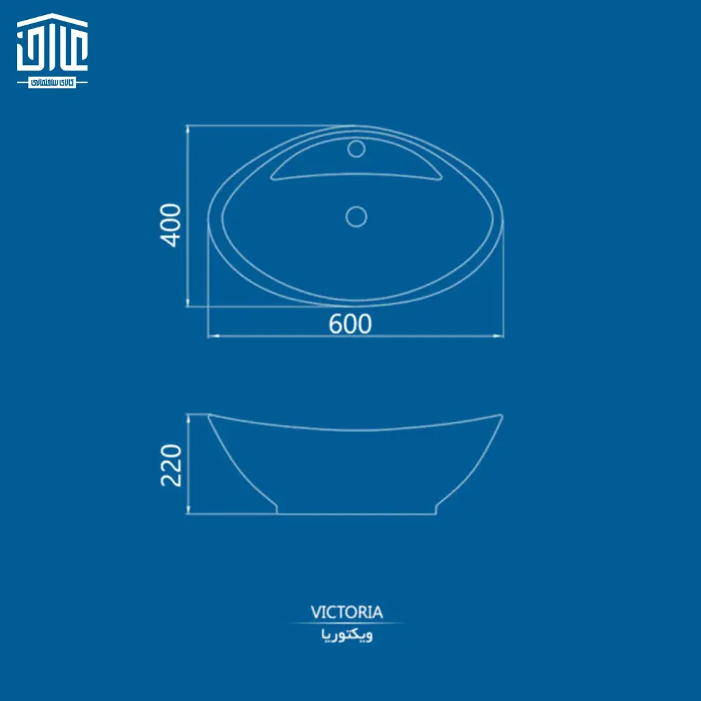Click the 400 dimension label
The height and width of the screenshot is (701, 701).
coord(170,225)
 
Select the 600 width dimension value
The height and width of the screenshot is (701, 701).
coord(350,324)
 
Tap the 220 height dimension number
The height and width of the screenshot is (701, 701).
coord(171,465)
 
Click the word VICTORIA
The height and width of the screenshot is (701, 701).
coord(347,611)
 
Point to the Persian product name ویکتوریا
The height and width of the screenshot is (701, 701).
coord(347,636)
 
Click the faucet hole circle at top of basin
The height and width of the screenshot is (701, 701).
coord(356,149)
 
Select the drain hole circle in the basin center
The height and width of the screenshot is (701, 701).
coord(356,216)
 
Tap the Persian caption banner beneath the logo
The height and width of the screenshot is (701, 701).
coord(52,82)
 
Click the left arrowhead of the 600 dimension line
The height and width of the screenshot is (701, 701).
coord(212,336)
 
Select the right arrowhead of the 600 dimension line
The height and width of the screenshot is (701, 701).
coord(500,336)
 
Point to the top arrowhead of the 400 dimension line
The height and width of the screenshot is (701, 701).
coord(188,129)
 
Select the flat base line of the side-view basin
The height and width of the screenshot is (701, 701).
coord(356,514)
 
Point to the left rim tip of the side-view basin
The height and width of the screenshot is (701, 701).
coord(209,416)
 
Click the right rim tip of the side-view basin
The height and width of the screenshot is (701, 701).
coord(502,416)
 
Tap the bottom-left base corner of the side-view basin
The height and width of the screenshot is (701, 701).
coord(277,513)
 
